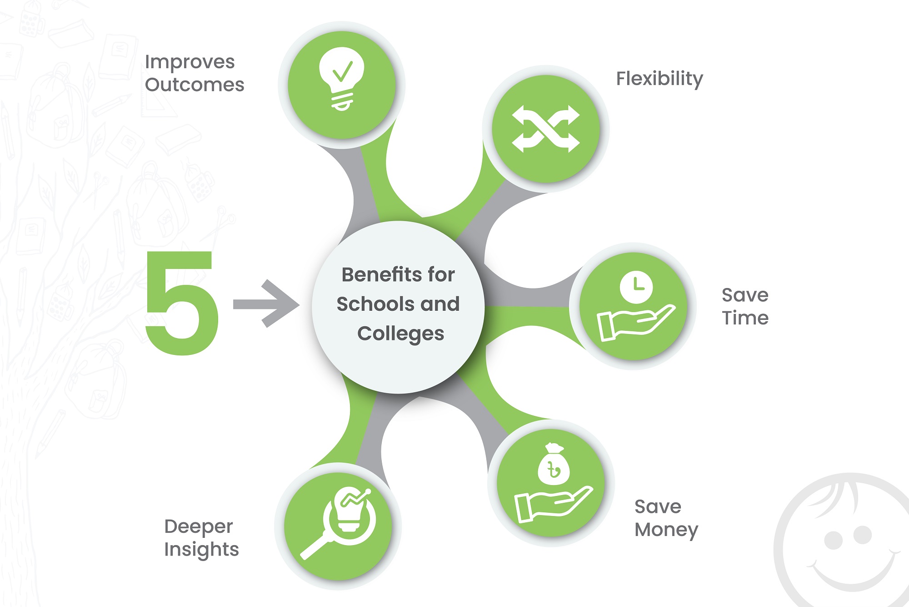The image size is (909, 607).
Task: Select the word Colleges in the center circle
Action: (x=400, y=334)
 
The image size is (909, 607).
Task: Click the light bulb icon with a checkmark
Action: (x=342, y=77)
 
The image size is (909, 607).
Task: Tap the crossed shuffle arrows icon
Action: (x=545, y=129)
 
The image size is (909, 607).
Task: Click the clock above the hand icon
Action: (x=636, y=287)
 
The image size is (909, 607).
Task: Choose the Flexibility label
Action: (x=659, y=79)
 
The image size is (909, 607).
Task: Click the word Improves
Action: (x=190, y=62)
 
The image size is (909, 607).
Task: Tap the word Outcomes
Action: (x=195, y=85)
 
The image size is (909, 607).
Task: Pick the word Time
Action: (x=745, y=318)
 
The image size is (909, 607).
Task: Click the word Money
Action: (x=666, y=530)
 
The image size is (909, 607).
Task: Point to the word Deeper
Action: (x=199, y=527)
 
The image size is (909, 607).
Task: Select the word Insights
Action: (x=201, y=550)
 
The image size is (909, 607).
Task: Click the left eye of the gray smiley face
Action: (x=834, y=541)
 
